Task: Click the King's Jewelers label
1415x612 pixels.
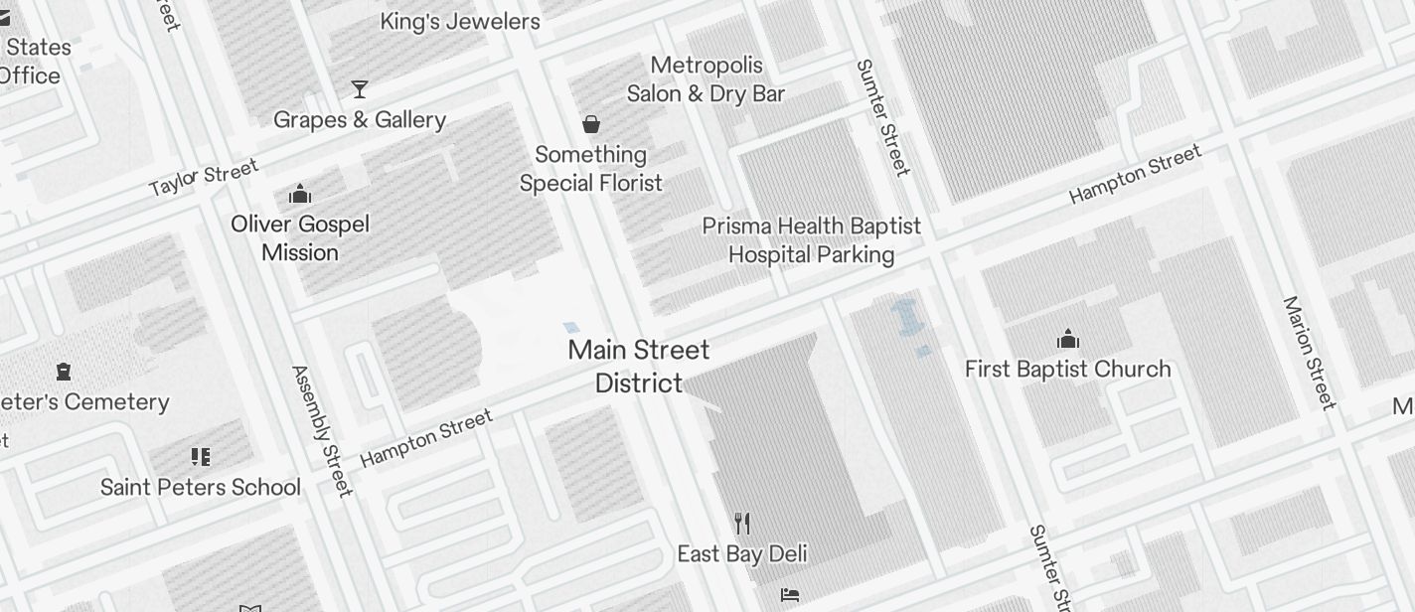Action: coord(460,22)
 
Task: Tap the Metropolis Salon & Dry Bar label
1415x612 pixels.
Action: coord(706,79)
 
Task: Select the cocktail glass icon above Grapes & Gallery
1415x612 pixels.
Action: coord(360,89)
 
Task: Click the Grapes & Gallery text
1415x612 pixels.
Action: coord(360,120)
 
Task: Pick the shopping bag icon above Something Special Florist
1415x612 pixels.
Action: coord(591,124)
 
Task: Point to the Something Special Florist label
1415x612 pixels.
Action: coord(591,169)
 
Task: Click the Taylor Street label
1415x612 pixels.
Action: coord(204,177)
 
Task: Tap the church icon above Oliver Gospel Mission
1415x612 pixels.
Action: coord(300,194)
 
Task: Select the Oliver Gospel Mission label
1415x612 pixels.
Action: coord(300,238)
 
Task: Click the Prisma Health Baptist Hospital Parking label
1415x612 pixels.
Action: coord(812,240)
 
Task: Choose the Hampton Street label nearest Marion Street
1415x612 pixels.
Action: coord(1135,174)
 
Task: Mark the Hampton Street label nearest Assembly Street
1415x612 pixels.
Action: coord(426,438)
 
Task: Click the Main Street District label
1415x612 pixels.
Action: coord(639,366)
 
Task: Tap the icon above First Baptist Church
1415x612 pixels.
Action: coord(1068,340)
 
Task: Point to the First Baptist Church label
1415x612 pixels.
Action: coord(1068,370)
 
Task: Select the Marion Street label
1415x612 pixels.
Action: coord(1309,353)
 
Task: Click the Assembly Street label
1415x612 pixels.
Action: coord(322,430)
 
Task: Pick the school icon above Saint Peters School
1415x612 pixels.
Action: coord(201,457)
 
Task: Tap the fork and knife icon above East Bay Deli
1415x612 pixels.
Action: coord(742,524)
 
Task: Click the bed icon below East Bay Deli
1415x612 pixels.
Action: coord(790,595)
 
